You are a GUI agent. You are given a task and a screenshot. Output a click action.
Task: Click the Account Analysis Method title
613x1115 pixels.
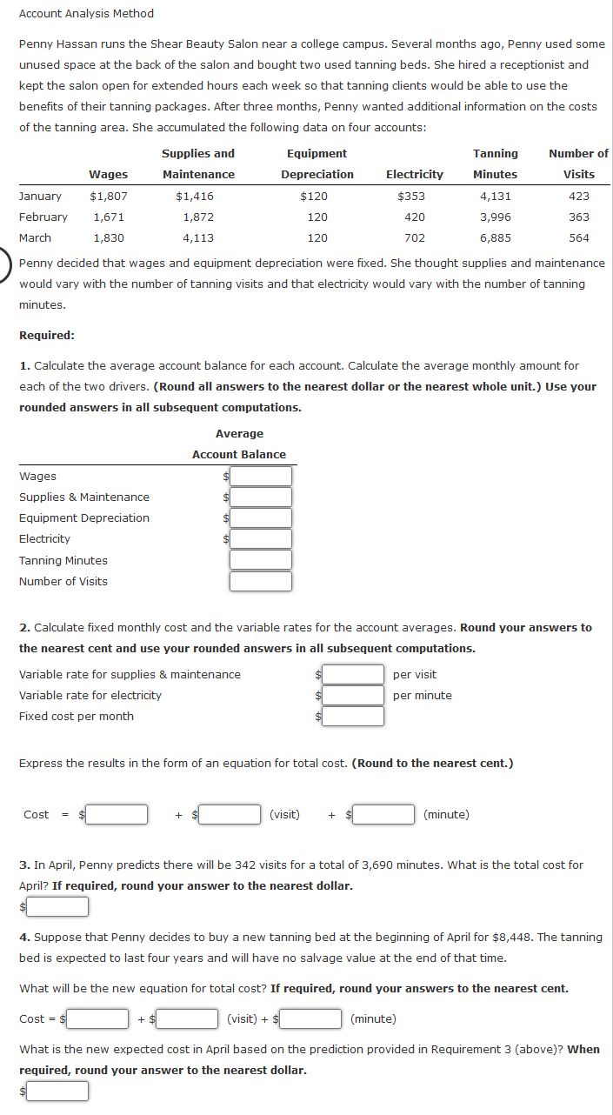(86, 14)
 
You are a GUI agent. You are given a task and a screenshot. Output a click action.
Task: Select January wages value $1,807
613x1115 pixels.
(109, 197)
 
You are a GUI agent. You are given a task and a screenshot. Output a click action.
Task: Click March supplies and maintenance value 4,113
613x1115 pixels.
(198, 238)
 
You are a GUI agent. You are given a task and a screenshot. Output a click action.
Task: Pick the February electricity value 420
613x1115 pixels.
(415, 217)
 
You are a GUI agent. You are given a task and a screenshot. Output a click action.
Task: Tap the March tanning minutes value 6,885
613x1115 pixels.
(495, 238)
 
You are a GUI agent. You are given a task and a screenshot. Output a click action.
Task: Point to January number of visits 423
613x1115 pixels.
(578, 197)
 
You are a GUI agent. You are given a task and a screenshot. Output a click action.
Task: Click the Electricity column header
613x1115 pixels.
(414, 175)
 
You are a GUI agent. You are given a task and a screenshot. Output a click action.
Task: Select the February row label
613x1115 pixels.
(43, 217)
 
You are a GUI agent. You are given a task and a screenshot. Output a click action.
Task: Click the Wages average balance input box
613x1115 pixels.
(260, 477)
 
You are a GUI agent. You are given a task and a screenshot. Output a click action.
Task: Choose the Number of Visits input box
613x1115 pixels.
(260, 582)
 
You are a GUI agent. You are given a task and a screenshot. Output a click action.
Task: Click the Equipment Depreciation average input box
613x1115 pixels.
(260, 518)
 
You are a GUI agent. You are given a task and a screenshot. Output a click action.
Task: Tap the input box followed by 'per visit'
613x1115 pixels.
(353, 675)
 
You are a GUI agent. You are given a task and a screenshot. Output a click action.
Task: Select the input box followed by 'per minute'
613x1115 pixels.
(353, 696)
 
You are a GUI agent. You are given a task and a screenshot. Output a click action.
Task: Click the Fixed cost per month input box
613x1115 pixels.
(353, 717)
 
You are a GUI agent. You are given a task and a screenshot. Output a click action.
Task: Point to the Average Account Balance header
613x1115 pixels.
(239, 444)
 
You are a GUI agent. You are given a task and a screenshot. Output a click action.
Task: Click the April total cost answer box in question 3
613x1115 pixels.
(57, 907)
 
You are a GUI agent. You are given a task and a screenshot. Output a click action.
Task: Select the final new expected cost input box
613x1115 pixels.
(57, 1091)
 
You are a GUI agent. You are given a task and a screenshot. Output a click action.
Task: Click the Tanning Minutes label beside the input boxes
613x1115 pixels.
(63, 561)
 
